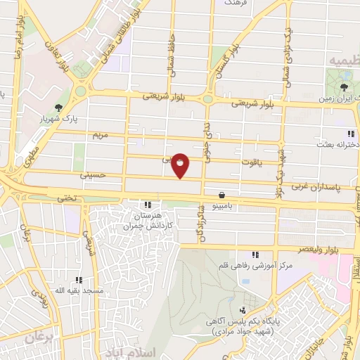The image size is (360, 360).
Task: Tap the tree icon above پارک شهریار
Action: [x=58, y=108]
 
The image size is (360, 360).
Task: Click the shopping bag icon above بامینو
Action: [x=222, y=195]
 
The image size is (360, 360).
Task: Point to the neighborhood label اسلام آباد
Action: [x=127, y=349]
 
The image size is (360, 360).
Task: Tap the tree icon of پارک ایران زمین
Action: [x=344, y=88]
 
